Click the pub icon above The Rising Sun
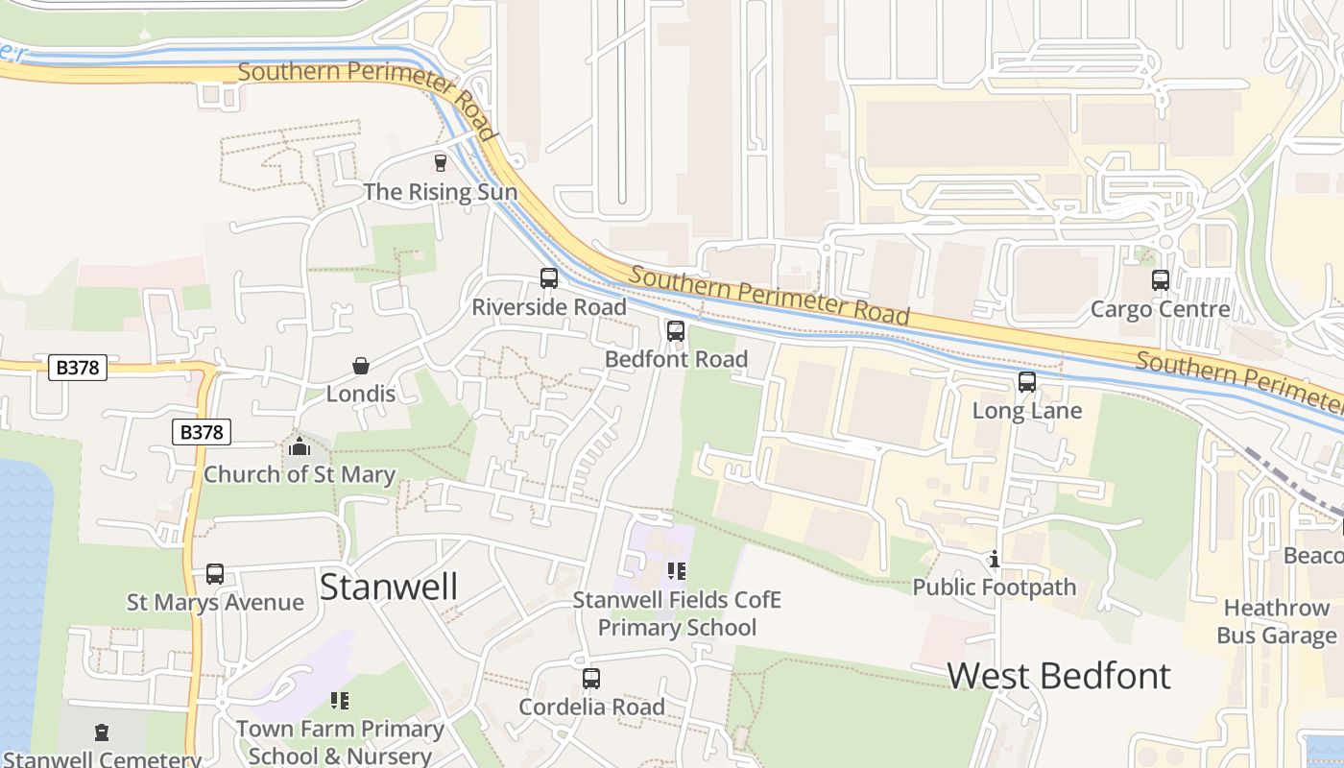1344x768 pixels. (x=441, y=163)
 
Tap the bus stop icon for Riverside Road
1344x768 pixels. (x=549, y=278)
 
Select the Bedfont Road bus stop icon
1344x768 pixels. (x=676, y=331)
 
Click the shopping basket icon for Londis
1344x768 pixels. (x=361, y=366)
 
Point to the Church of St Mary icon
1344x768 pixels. (x=300, y=446)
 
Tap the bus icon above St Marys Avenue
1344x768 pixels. (x=215, y=574)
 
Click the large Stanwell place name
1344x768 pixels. (x=389, y=587)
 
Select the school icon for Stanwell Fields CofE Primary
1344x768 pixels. (x=677, y=571)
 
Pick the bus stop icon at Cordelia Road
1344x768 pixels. (x=591, y=679)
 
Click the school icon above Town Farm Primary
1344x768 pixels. (x=340, y=701)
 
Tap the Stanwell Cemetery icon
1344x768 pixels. (x=102, y=733)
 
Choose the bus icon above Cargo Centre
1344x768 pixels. (x=1161, y=280)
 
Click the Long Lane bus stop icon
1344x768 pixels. (x=1027, y=382)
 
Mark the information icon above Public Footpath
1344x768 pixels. (x=995, y=559)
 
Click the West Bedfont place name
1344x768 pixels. (x=1059, y=676)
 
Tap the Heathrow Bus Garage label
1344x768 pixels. (x=1276, y=622)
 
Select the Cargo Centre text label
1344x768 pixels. (x=1160, y=309)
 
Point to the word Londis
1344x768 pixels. (x=361, y=394)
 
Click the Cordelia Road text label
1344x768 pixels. (x=591, y=708)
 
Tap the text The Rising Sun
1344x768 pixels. (x=441, y=192)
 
